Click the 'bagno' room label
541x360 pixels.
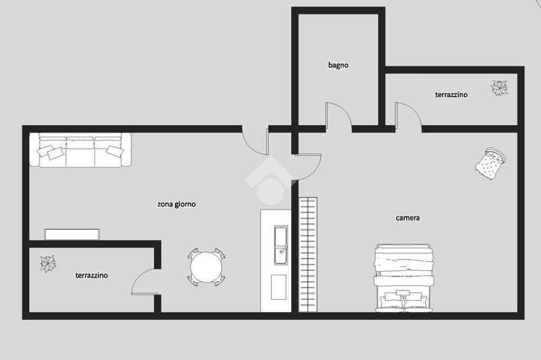point(338,65)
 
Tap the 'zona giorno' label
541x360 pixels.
point(176,204)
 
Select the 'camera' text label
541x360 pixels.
point(407,217)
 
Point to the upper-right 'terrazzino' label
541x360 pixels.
point(451,94)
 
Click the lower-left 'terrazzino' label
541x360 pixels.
point(91,275)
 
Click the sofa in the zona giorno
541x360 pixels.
point(80,150)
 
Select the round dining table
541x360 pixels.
point(207,267)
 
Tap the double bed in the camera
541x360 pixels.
point(403,278)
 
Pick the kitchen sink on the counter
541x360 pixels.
point(281,245)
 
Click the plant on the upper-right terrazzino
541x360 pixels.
point(499,88)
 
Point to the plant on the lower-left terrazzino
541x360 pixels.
point(48,264)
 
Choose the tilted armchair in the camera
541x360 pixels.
point(490,164)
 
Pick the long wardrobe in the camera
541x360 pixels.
point(308,254)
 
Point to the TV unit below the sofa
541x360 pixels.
point(72,234)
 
